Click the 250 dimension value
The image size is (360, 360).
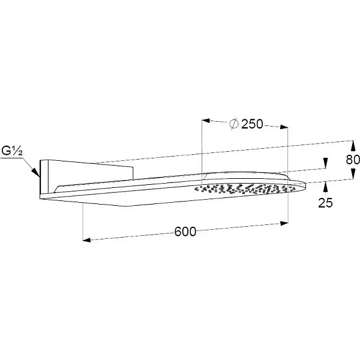(x=252, y=124)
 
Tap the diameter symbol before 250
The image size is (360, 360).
(x=234, y=124)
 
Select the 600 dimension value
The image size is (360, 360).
(x=185, y=232)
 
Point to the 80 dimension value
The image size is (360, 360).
(x=353, y=160)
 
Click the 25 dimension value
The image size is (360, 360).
(x=325, y=203)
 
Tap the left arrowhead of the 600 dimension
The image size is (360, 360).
(x=86, y=240)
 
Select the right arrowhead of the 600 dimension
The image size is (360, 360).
(x=284, y=223)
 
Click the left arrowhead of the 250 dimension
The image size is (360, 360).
(x=206, y=121)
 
